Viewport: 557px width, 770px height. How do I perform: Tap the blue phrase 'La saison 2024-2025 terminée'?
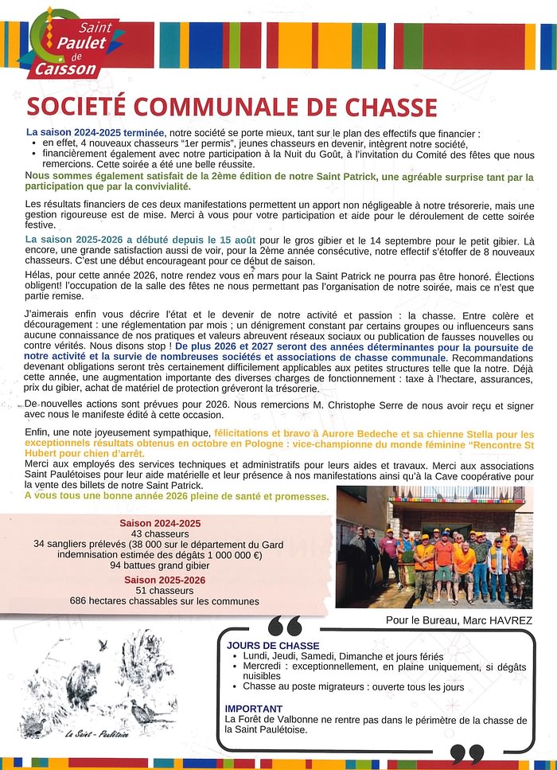coord(95,132)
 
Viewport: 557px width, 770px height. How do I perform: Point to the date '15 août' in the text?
coord(237,240)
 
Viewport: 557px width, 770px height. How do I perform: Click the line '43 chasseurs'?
coord(159,534)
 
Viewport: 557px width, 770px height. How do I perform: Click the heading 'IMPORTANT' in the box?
coord(254,708)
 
